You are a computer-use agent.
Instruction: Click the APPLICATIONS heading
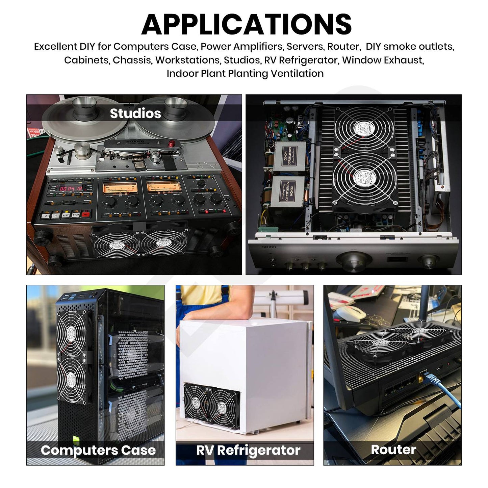click(246, 24)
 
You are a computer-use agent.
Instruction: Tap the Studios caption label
click(135, 113)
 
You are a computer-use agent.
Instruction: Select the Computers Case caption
click(98, 450)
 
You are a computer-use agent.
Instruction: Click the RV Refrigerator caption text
click(248, 450)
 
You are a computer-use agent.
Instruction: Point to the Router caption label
click(393, 450)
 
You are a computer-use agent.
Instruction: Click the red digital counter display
click(71, 188)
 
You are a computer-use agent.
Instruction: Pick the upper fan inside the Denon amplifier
click(364, 128)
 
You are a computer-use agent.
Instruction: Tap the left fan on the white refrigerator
click(196, 402)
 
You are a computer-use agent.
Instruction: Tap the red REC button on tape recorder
click(86, 214)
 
